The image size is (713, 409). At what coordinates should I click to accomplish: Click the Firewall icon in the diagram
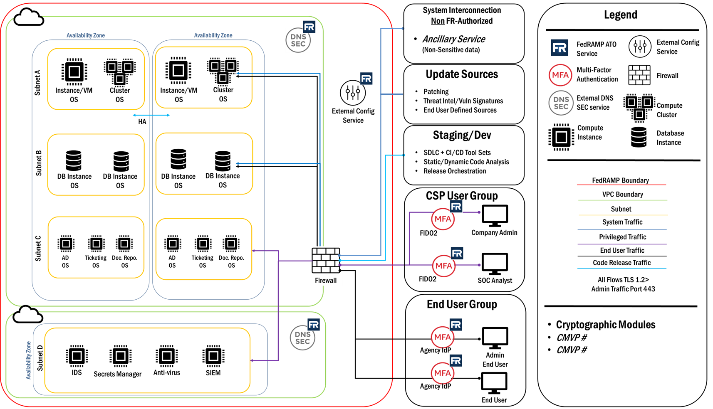pyautogui.click(x=326, y=261)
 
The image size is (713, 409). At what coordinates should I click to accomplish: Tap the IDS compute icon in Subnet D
pyautogui.click(x=77, y=356)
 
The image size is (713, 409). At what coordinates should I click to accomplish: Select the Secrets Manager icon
pyautogui.click(x=120, y=356)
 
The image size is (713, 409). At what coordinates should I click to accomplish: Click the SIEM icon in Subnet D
pyautogui.click(x=213, y=356)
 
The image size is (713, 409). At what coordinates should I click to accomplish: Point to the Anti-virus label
pyautogui.click(x=166, y=372)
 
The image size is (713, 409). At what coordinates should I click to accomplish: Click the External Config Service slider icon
pyautogui.click(x=353, y=93)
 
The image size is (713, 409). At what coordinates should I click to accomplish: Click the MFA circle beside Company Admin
pyautogui.click(x=442, y=219)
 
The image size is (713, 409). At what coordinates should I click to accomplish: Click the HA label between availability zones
pyautogui.click(x=142, y=122)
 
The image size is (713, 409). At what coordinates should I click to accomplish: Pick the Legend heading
pyautogui.click(x=620, y=15)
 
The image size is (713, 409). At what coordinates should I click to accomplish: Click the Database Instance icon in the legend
pyautogui.click(x=639, y=137)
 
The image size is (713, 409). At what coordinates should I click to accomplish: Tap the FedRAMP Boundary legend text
pyautogui.click(x=620, y=180)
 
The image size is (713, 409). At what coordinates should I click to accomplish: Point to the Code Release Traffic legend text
pyautogui.click(x=621, y=263)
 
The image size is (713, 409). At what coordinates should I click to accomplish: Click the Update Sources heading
pyautogui.click(x=462, y=74)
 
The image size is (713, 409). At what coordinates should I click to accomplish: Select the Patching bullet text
pyautogui.click(x=436, y=91)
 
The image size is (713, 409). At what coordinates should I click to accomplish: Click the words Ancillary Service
pyautogui.click(x=454, y=39)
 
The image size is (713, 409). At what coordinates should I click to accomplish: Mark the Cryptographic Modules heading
pyautogui.click(x=606, y=325)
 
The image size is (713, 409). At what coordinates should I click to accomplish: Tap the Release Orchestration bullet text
pyautogui.click(x=455, y=171)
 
